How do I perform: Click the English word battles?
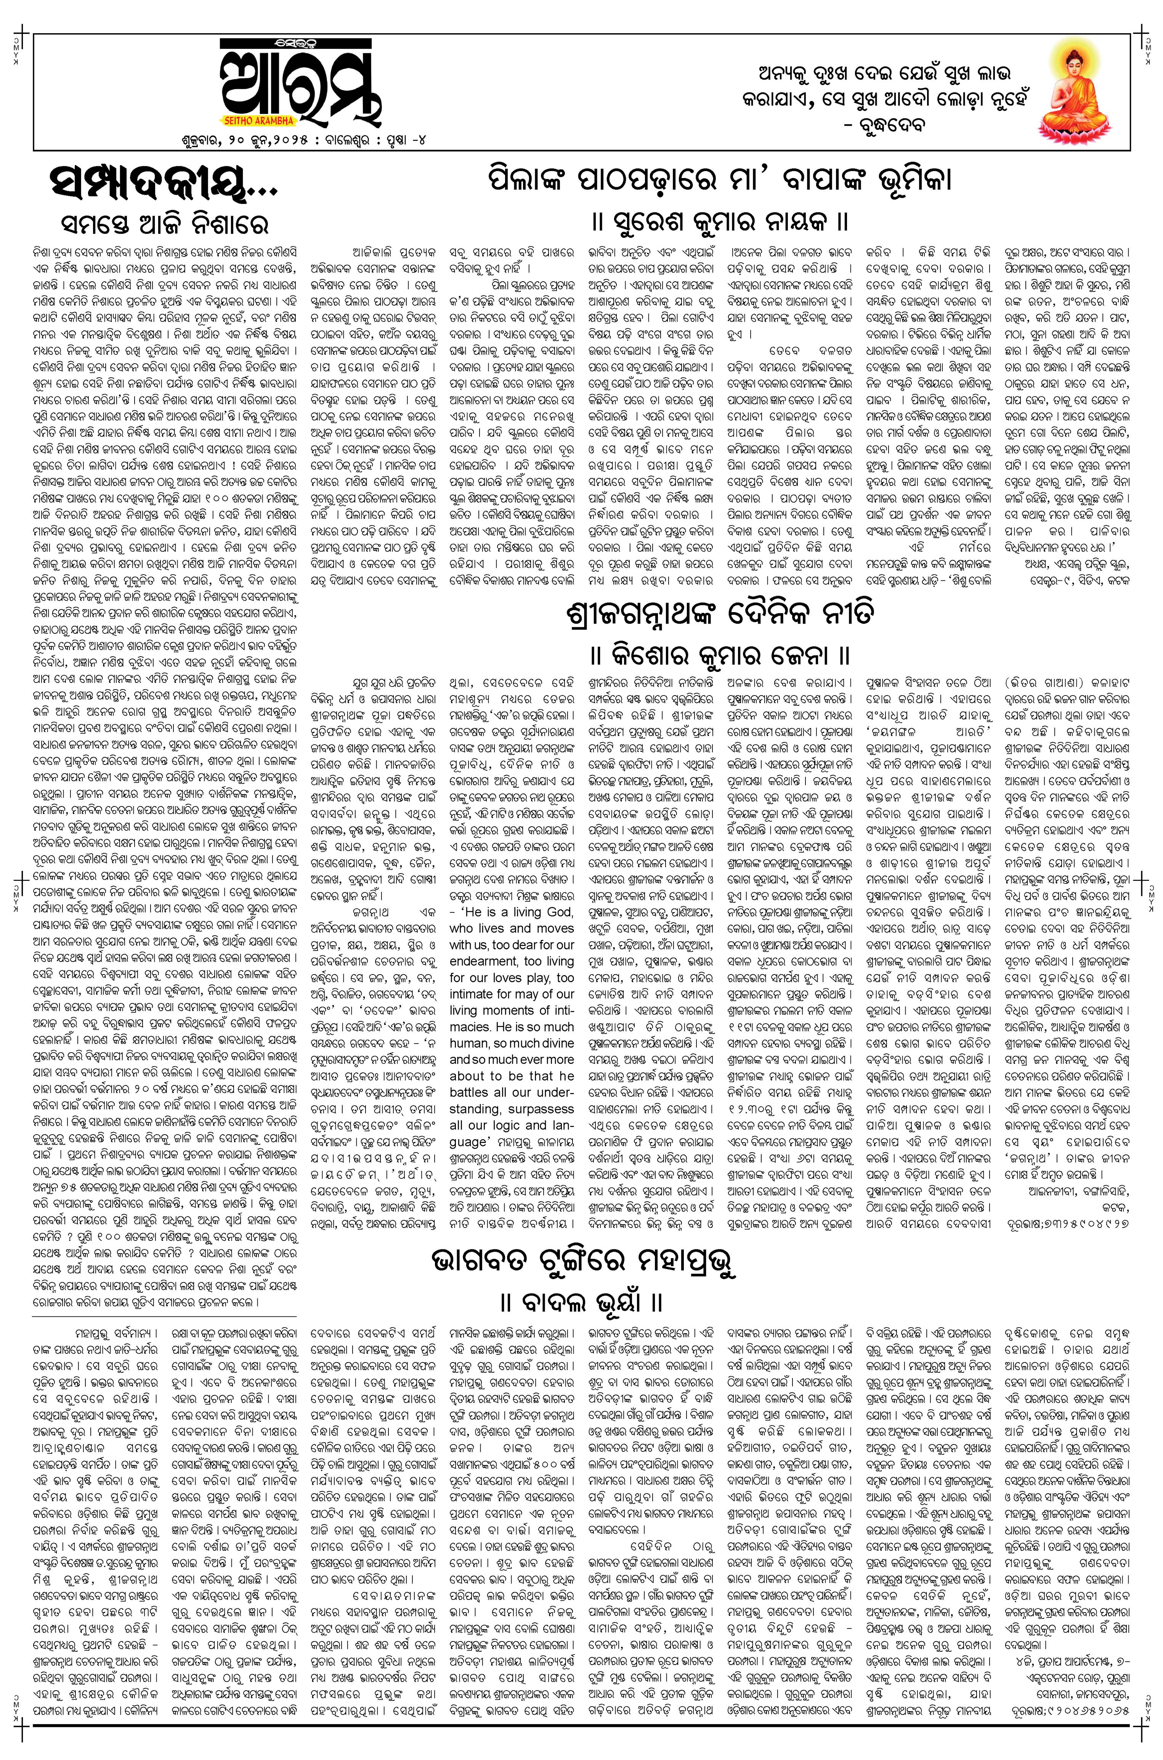470,1093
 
